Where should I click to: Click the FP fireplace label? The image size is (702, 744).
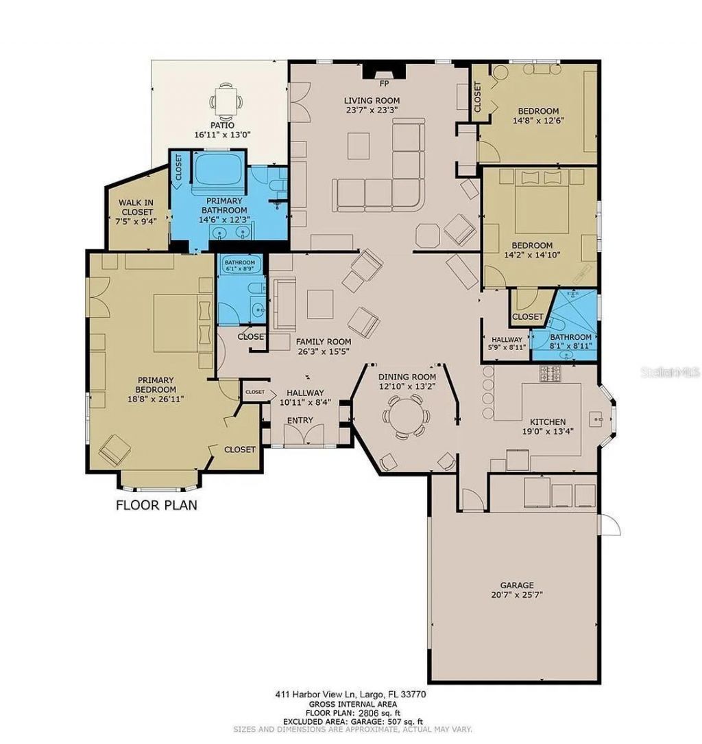[384, 84]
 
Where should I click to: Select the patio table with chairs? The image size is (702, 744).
[226, 100]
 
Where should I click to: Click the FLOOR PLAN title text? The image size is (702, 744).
[156, 506]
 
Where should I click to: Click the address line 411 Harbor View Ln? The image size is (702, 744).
[351, 694]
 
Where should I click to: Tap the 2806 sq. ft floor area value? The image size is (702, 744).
[372, 712]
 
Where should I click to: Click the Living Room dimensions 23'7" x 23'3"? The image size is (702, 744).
[372, 109]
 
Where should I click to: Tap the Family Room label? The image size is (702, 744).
[323, 341]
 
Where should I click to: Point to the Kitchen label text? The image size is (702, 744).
[548, 421]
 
